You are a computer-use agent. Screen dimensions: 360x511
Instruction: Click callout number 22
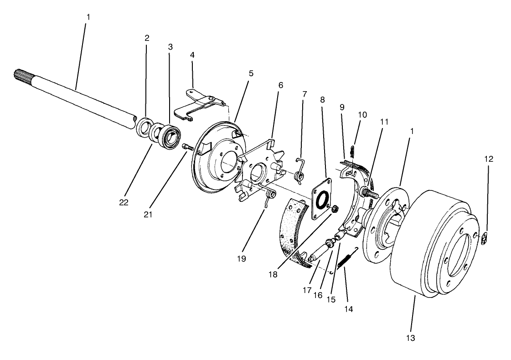pos(124,202)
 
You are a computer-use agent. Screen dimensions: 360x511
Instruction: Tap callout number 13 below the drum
pos(410,338)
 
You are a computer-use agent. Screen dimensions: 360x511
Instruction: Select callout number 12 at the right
pos(489,159)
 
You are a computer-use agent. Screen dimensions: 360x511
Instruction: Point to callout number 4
pos(192,55)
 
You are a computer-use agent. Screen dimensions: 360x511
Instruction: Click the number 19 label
pos(241,258)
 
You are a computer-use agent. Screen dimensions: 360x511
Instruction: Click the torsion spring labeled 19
pos(270,196)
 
